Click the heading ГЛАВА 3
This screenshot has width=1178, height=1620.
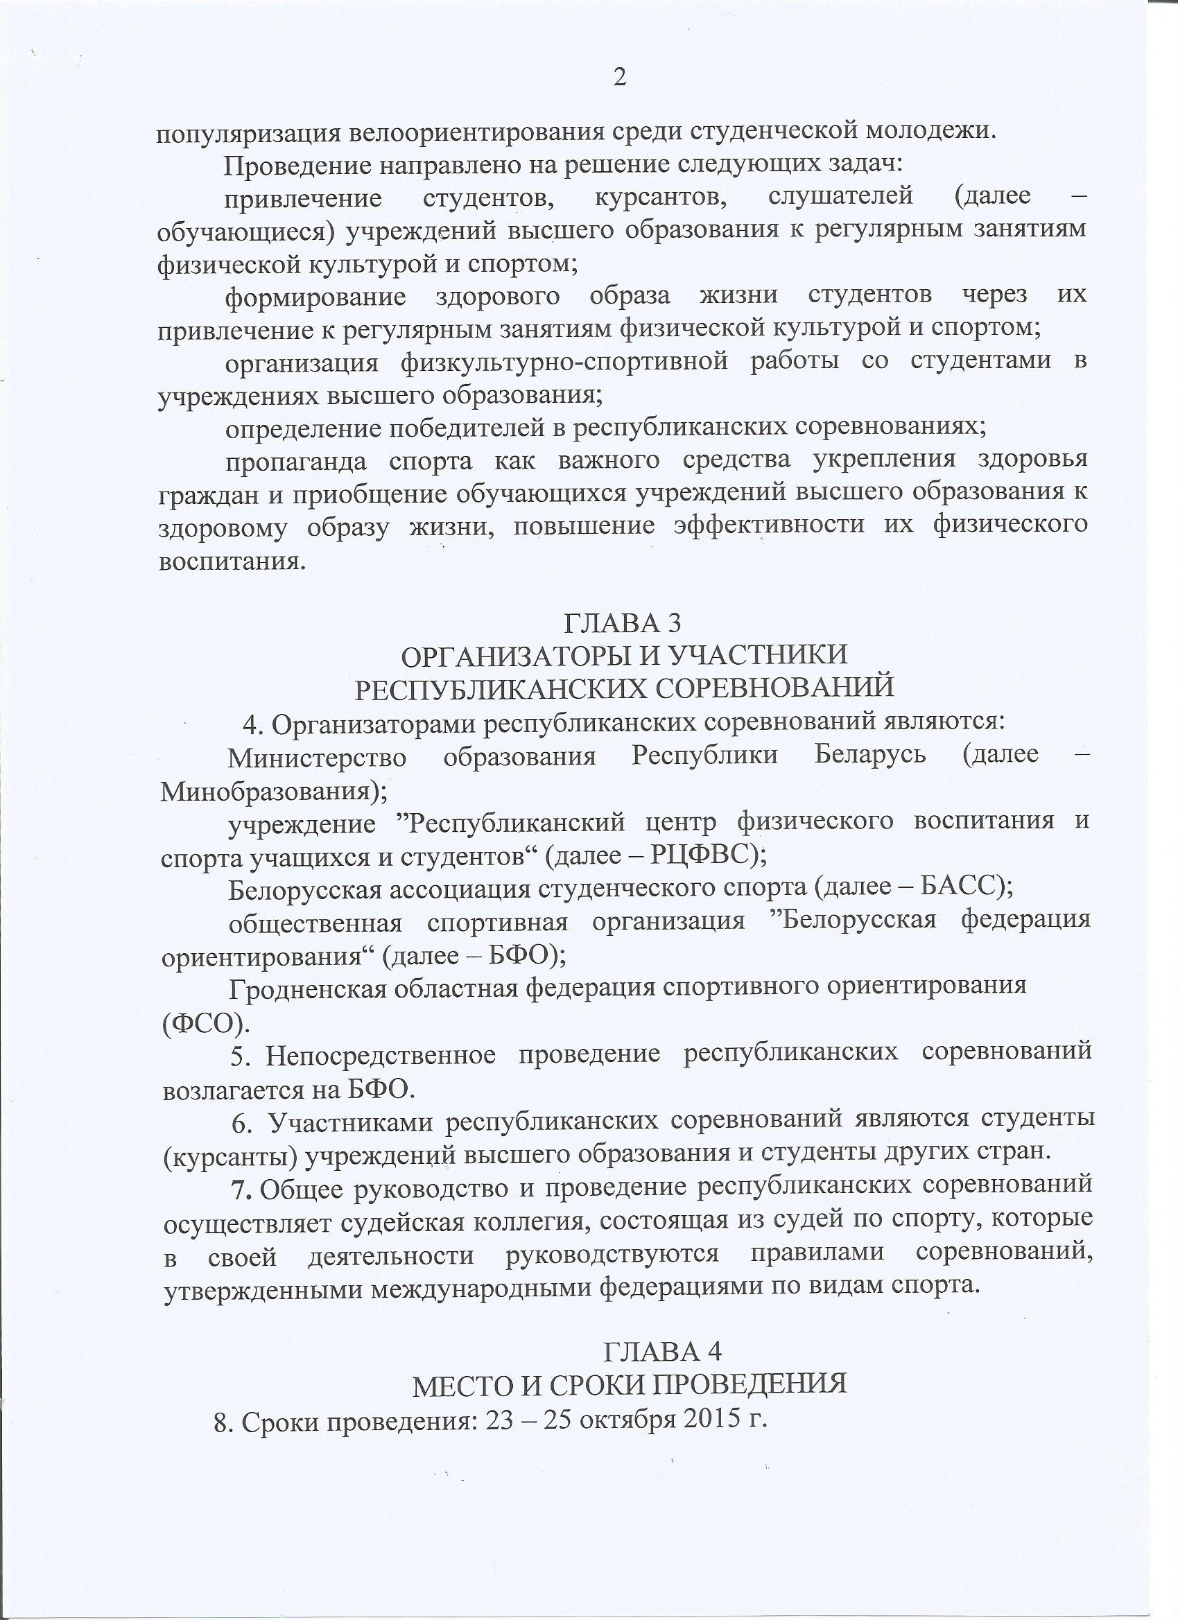click(623, 623)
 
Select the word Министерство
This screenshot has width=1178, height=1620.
click(317, 757)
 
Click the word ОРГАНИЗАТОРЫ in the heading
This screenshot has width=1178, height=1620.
click(518, 655)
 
